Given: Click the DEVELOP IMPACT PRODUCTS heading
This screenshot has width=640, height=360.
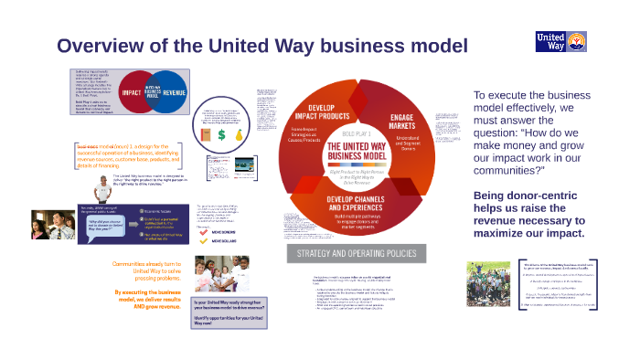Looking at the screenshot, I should pyautogui.click(x=316, y=113).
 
